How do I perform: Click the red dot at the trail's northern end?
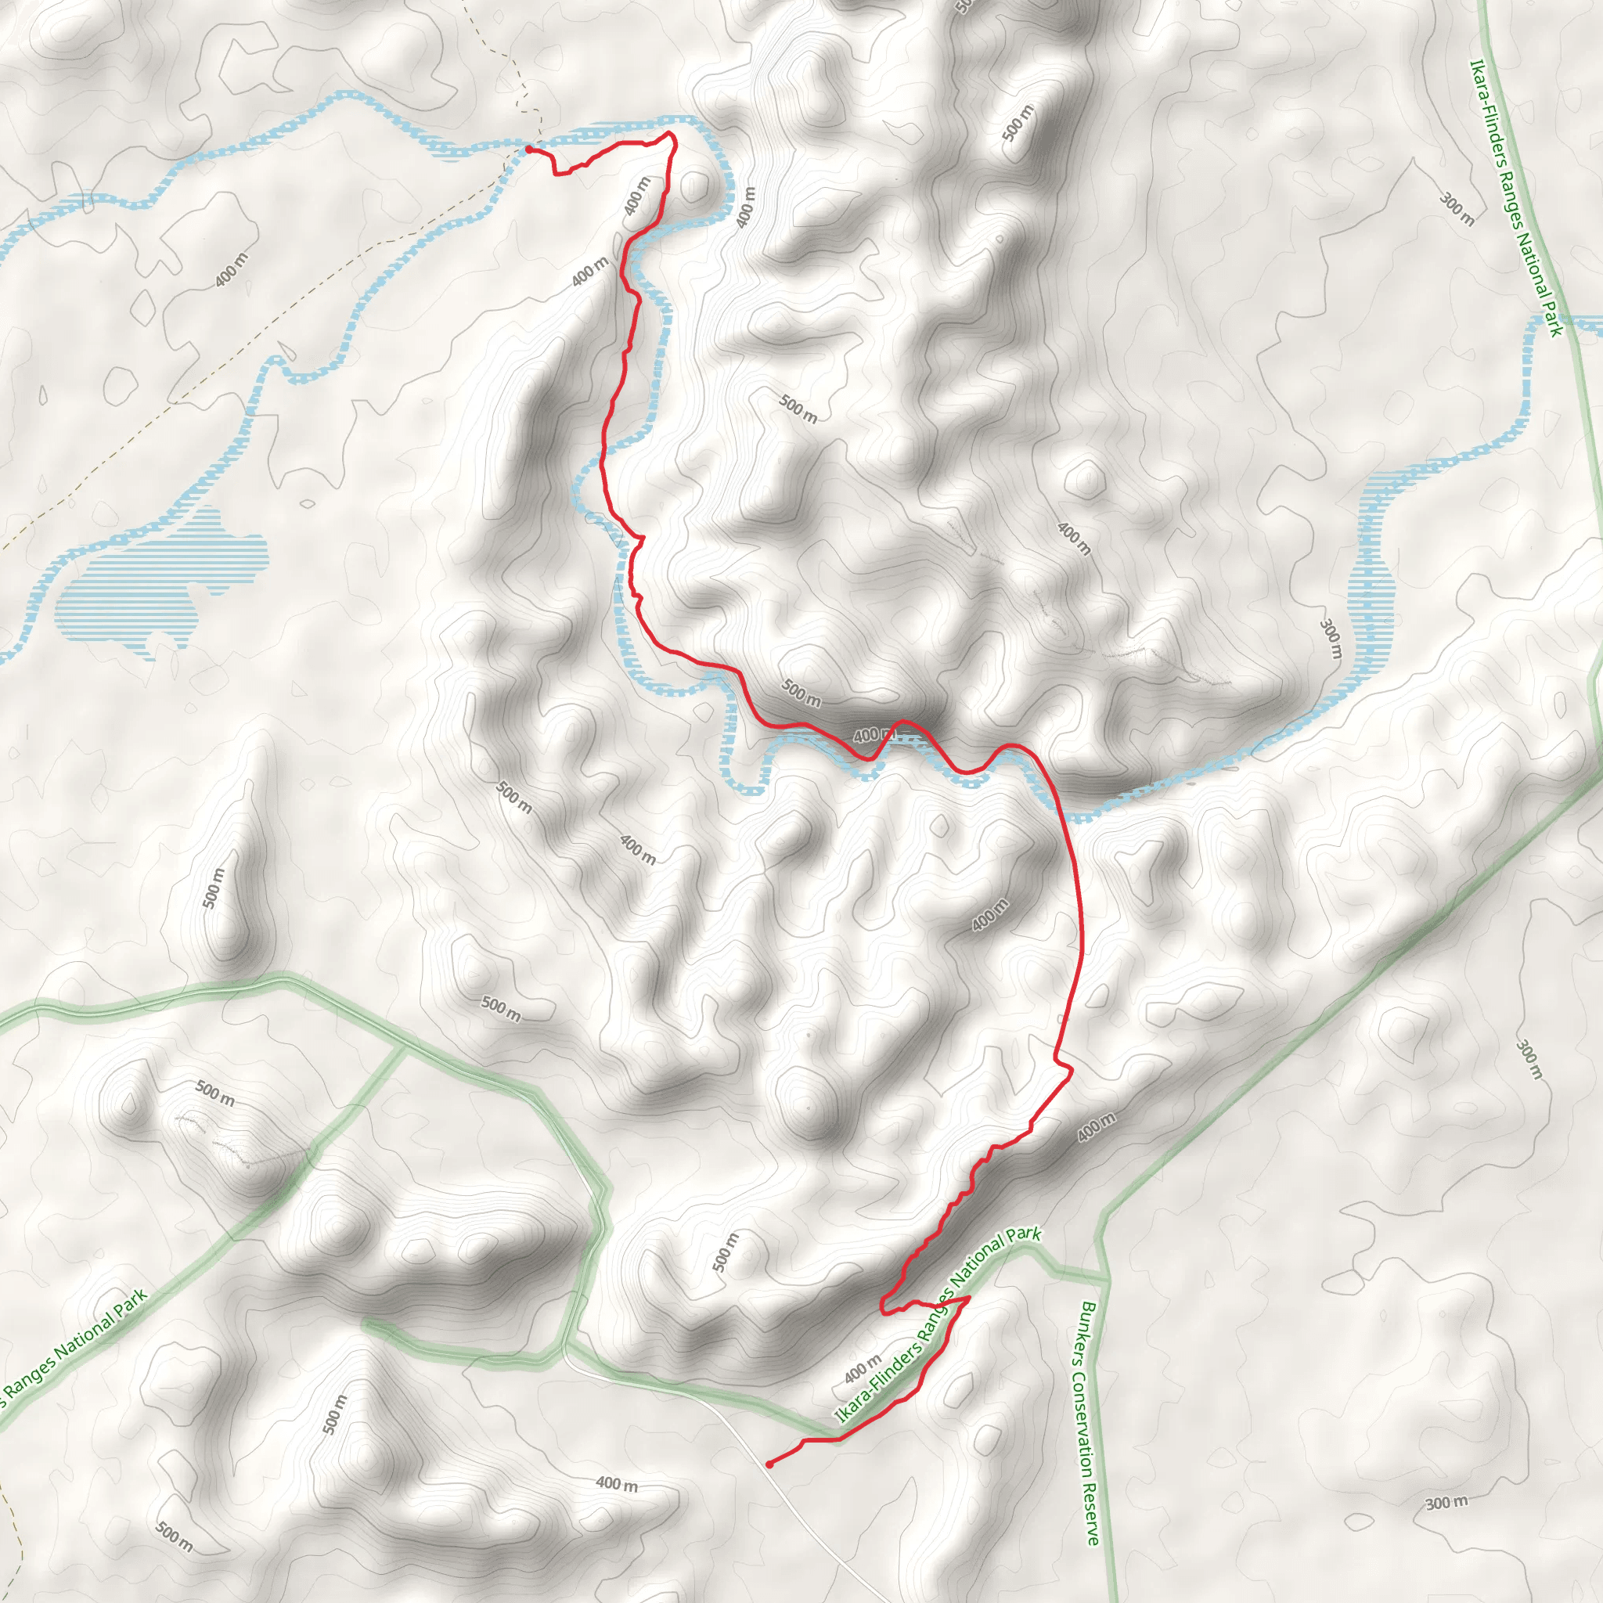tap(528, 149)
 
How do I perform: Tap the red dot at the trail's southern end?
tap(770, 1464)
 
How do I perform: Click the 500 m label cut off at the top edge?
tap(963, 6)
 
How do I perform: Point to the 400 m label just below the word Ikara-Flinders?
tap(863, 1368)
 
